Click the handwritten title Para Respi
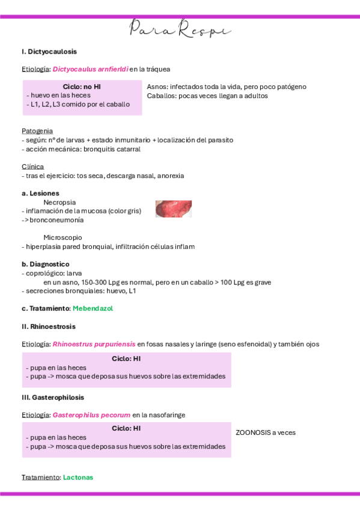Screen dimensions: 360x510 click(x=180, y=28)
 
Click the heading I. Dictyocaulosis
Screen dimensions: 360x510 click(x=49, y=52)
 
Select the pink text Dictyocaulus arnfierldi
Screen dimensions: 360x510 click(x=90, y=69)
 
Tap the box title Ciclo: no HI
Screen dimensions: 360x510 click(x=82, y=87)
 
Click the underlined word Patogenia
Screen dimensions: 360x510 click(x=37, y=131)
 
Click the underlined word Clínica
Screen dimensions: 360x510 click(x=32, y=166)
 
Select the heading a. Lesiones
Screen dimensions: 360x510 click(x=40, y=193)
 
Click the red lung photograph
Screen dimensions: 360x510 click(x=173, y=209)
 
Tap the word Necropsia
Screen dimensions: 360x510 click(x=59, y=202)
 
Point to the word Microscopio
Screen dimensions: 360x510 click(x=63, y=238)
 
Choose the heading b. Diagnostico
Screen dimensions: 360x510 click(x=45, y=264)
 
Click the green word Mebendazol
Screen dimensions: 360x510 click(x=93, y=309)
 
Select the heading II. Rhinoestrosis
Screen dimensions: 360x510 click(x=49, y=327)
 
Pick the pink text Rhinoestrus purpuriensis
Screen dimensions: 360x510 click(x=94, y=344)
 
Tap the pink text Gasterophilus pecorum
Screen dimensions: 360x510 click(x=91, y=415)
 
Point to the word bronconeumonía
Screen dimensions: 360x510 click(x=57, y=220)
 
